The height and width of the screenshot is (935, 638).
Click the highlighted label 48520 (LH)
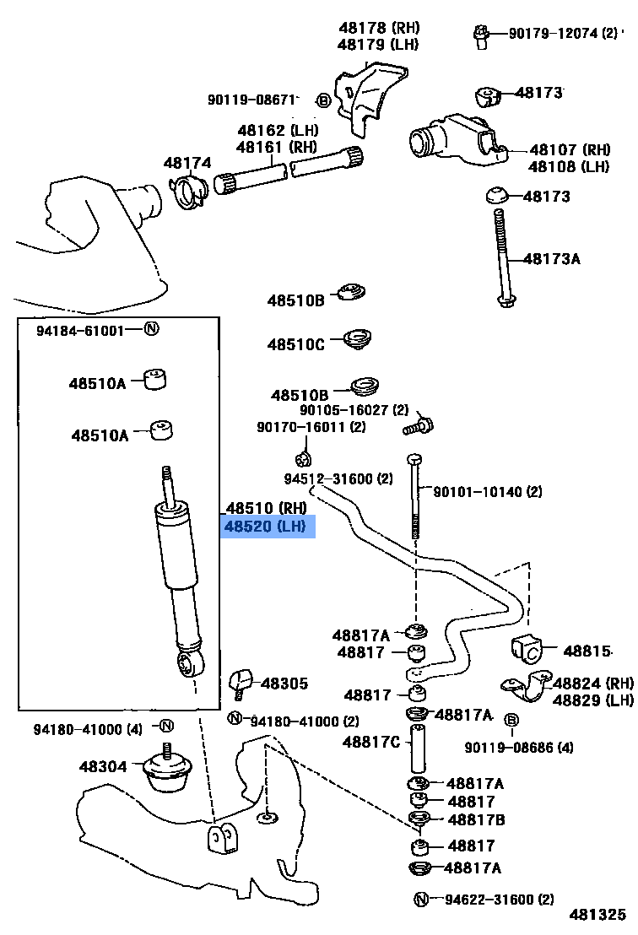click(265, 527)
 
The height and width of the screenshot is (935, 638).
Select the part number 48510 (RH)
click(266, 508)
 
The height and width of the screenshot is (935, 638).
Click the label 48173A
click(552, 258)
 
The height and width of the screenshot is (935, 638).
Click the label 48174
click(187, 162)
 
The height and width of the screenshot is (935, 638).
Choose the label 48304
click(103, 767)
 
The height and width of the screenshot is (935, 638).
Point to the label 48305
click(284, 684)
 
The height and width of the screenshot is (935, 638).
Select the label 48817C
click(371, 743)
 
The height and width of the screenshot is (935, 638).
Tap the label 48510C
click(295, 344)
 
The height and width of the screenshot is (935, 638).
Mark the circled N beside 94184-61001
click(151, 329)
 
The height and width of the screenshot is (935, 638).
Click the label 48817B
click(477, 819)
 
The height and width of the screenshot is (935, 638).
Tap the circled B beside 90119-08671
click(323, 100)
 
